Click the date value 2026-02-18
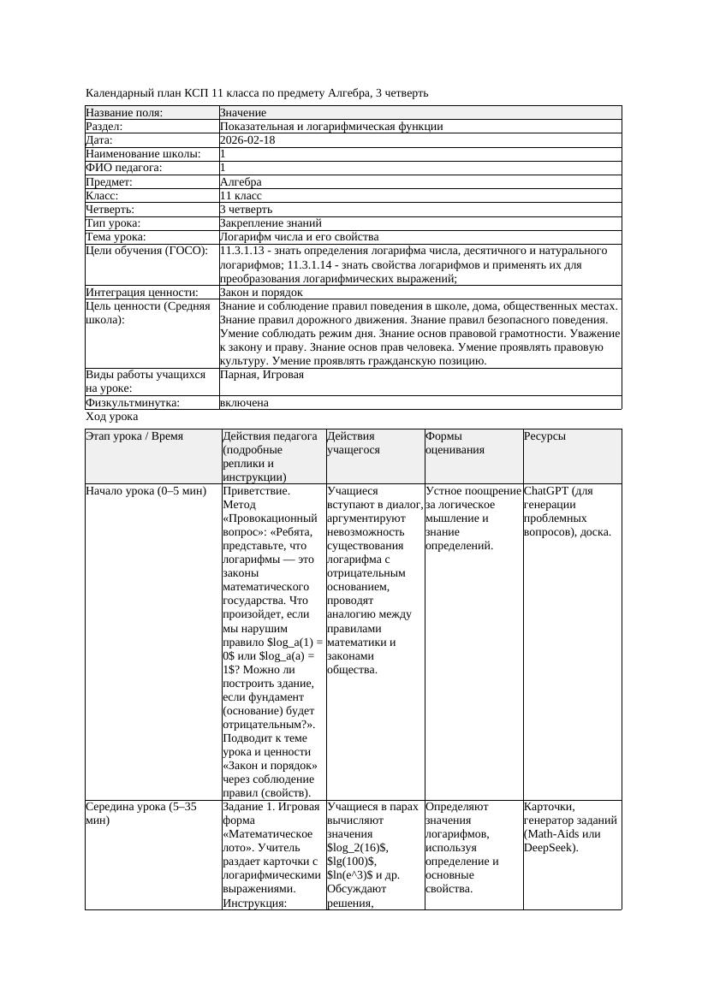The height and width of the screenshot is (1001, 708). pos(247,140)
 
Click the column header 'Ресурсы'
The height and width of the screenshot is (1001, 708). pos(544,436)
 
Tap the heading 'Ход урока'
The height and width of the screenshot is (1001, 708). pos(112,417)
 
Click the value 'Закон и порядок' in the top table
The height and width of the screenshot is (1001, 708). pos(261,293)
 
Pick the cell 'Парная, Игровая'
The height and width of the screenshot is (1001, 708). pos(262,375)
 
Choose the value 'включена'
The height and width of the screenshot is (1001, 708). pos(244,403)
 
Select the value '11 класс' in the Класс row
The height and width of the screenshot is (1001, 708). pos(241,196)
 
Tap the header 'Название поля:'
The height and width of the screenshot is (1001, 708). pos(124,113)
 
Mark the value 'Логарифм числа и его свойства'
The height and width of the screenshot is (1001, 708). pos(299,237)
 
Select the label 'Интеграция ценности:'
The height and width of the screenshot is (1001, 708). pos(141,293)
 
